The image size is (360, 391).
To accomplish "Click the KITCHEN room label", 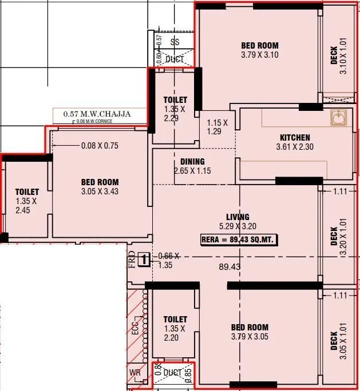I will click(x=295, y=137).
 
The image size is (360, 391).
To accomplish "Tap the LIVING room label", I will click(x=238, y=217).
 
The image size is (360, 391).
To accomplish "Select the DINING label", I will click(x=192, y=162).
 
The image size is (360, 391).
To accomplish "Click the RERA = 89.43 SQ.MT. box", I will click(x=239, y=240).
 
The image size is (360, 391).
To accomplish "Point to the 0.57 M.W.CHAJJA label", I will click(x=97, y=114).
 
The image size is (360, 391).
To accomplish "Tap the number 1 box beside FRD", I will click(x=145, y=260).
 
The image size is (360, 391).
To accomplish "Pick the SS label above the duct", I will click(x=175, y=42).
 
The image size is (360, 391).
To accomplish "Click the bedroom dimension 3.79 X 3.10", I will click(x=260, y=55).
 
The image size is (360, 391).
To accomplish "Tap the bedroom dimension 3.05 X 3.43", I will click(x=100, y=191).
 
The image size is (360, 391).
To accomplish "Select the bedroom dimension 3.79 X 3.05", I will click(x=250, y=337).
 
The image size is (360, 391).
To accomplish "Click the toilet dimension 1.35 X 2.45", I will click(x=26, y=206).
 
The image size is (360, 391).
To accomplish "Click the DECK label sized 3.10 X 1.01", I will click(x=339, y=59).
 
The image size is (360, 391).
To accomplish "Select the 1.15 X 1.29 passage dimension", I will click(x=217, y=127).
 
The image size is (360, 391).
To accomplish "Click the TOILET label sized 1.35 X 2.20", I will click(x=175, y=320).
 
